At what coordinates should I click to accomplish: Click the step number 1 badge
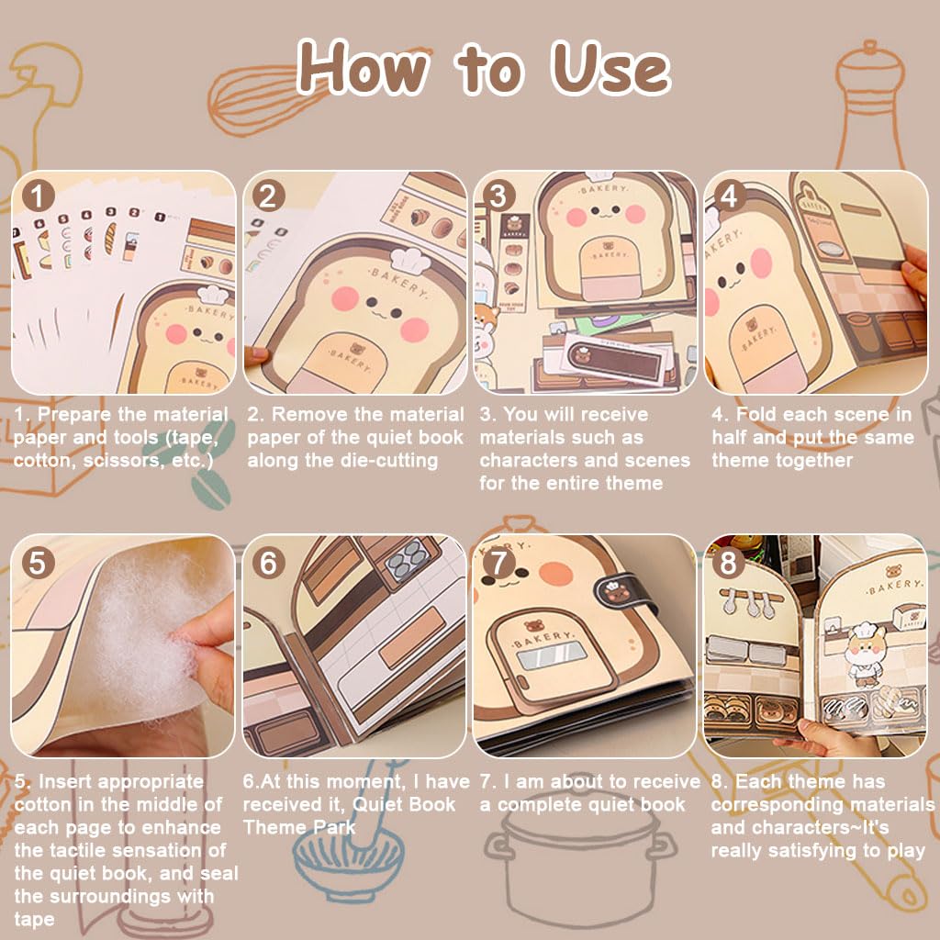(x=36, y=196)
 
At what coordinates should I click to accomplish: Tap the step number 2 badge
(x=267, y=196)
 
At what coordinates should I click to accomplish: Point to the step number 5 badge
(x=36, y=562)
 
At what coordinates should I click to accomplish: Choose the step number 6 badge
(x=267, y=562)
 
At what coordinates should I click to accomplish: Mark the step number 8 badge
(x=729, y=562)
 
